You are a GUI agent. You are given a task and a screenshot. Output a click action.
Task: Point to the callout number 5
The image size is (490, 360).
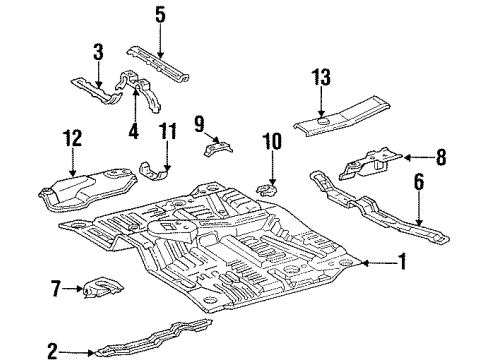(161, 15)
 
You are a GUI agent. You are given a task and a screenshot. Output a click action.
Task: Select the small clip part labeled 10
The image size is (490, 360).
(268, 187)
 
